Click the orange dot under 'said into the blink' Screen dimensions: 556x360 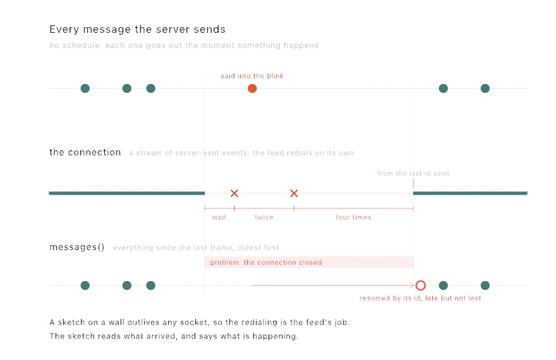click(252, 88)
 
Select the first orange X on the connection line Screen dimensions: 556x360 click(234, 193)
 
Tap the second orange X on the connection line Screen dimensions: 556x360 click(294, 193)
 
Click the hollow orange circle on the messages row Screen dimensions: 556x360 click(421, 285)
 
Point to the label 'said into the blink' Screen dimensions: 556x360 click(252, 76)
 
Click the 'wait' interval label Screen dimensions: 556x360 click(219, 217)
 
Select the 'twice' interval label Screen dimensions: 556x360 click(264, 217)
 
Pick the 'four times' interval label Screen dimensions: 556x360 click(354, 217)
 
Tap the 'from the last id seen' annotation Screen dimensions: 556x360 click(413, 173)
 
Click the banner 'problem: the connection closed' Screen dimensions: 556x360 click(309, 262)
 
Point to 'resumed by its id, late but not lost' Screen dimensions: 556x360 click(421, 298)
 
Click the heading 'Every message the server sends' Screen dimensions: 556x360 click(137, 30)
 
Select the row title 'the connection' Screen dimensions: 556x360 click(85, 152)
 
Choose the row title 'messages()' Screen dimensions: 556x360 click(77, 247)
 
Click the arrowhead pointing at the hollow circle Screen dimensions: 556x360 click(413, 285)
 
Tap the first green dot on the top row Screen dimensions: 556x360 click(85, 88)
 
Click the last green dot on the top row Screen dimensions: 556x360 click(485, 88)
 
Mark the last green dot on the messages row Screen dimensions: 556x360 click(485, 285)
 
